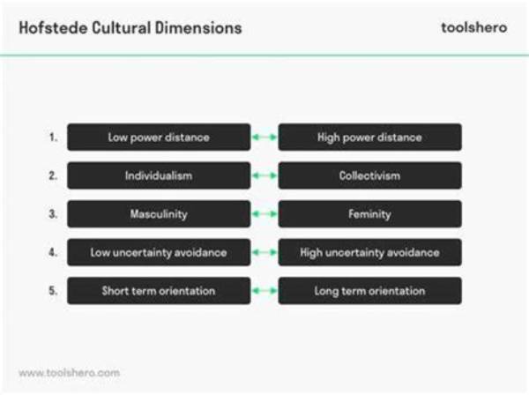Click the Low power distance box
(159, 138)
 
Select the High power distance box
(369, 138)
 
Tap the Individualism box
(159, 175)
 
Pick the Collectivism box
(369, 175)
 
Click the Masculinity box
(159, 214)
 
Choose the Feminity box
(369, 214)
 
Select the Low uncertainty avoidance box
(159, 252)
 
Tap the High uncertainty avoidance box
(369, 252)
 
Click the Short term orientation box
(159, 291)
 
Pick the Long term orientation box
(369, 291)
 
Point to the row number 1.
(53, 138)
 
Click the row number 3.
(53, 214)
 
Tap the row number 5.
(53, 290)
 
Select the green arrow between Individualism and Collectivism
(264, 175)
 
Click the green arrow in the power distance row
(264, 138)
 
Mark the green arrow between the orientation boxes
(264, 291)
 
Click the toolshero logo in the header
(474, 27)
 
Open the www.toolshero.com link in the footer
(69, 373)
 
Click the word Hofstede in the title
(53, 27)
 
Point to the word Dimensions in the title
(198, 27)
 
